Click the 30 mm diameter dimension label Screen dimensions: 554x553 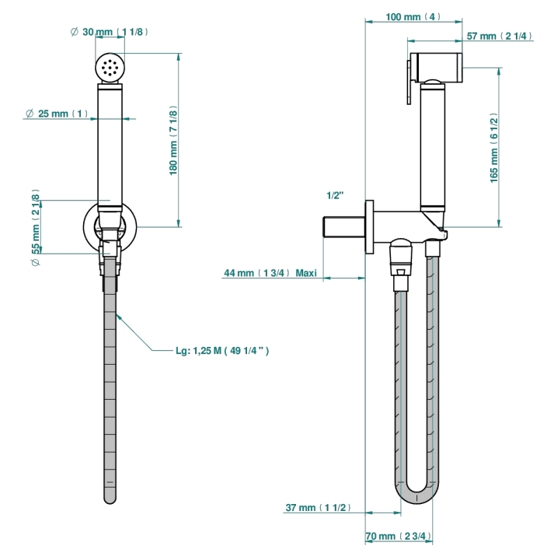coord(110,32)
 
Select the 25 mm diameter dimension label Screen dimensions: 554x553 coord(57,114)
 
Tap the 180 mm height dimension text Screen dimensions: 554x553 coord(173,140)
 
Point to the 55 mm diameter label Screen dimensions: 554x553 coord(36,227)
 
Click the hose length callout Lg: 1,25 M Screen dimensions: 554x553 coord(222,351)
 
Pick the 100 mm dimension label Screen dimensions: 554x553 coord(413,16)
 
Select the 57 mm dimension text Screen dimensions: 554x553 coord(500,36)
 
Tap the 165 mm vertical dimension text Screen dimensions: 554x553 coord(494,148)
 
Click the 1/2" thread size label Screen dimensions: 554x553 coord(335,195)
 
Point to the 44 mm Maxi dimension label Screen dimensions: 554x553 coord(270,273)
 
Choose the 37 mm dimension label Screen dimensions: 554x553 coord(318,507)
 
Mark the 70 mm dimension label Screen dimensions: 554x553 coord(399,536)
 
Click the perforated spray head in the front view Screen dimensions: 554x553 coord(110,67)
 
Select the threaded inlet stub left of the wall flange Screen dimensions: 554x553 coord(344,227)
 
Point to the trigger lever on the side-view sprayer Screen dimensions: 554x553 coord(409,82)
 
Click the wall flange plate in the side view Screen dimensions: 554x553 coord(369,227)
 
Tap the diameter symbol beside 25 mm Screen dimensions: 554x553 coord(30,114)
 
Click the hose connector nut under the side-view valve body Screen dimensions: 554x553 coord(401,257)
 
